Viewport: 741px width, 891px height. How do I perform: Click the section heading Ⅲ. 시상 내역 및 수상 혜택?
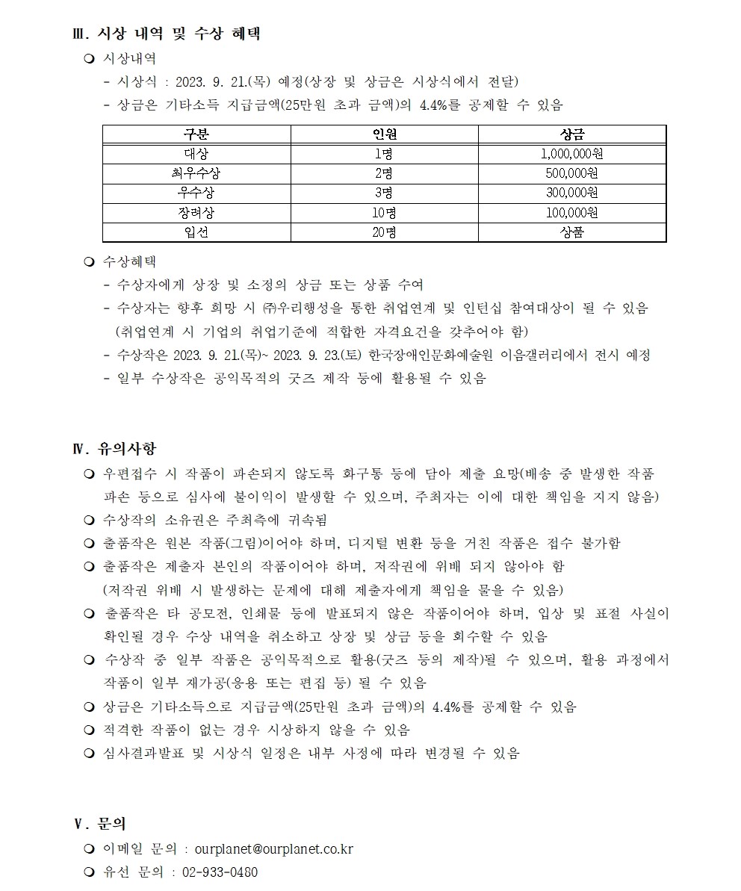coord(165,34)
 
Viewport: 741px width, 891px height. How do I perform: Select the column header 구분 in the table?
coord(196,134)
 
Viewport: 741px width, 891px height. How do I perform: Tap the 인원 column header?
coord(384,134)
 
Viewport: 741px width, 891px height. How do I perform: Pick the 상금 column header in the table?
coord(572,134)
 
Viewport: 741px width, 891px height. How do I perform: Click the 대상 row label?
coord(196,154)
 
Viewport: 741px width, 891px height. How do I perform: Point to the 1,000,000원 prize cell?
coord(572,154)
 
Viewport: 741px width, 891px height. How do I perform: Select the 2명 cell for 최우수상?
coord(384,173)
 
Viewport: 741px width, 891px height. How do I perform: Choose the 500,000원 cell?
coord(572,173)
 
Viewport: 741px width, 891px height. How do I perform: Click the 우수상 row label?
coord(196,193)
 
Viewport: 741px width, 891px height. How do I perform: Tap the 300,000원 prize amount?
coord(572,193)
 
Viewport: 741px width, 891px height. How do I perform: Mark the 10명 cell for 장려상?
coord(384,212)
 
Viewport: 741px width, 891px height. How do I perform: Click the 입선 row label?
coord(196,232)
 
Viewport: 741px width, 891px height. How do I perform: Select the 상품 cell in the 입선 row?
coord(572,232)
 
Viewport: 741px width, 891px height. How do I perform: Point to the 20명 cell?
coord(384,232)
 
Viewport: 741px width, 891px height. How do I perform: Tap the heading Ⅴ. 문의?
coord(99,825)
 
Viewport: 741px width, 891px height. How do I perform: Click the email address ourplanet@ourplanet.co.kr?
coord(273,849)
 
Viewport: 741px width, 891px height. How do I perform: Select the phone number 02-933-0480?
coord(220,872)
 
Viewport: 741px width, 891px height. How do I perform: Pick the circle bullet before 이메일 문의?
coord(90,849)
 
